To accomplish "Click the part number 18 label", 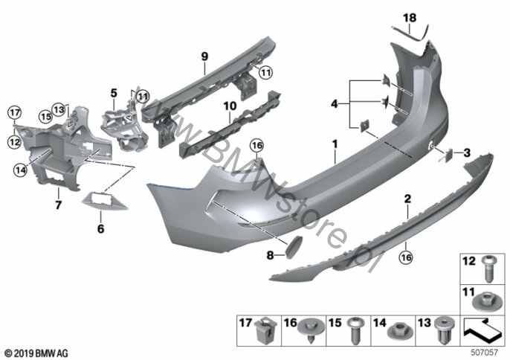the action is (410, 18).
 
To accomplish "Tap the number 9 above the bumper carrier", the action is (204, 57).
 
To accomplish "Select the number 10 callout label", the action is (230, 106).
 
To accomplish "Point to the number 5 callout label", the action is (114, 93).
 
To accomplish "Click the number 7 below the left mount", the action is (58, 205).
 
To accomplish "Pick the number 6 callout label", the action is (101, 229).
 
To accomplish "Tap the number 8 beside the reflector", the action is (270, 256).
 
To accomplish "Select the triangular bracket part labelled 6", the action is (104, 202).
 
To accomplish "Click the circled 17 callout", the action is (14, 113).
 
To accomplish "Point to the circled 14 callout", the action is (20, 170).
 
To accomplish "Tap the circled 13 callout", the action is (59, 109).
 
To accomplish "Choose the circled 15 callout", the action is (45, 117).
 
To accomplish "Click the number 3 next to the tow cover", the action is (467, 152).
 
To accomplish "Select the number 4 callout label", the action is (335, 104).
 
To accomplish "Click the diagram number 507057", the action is (484, 352).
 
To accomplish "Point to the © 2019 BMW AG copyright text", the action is (36, 353).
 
